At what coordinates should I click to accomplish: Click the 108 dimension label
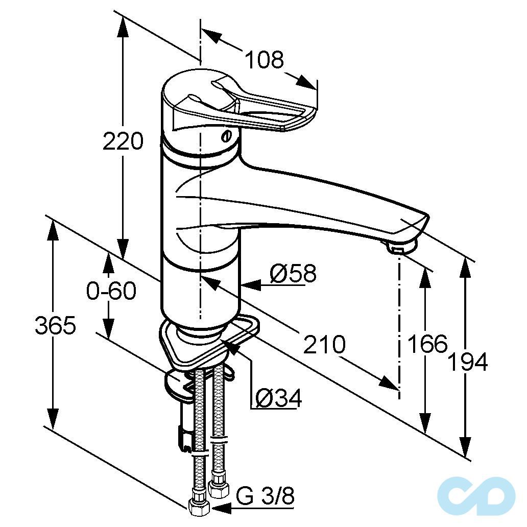click(x=264, y=60)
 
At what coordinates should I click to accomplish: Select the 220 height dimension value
click(x=123, y=141)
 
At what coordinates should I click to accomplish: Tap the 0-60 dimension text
click(x=111, y=291)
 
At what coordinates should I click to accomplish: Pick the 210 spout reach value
click(x=324, y=344)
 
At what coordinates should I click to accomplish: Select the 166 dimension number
click(x=427, y=344)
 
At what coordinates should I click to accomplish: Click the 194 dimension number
click(x=468, y=362)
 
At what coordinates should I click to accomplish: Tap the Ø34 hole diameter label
click(x=279, y=398)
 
